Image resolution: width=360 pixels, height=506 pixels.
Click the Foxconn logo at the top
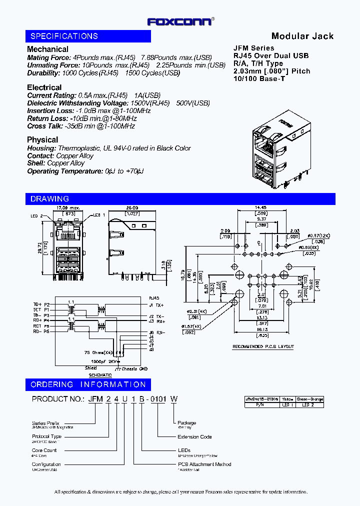tap(181, 21)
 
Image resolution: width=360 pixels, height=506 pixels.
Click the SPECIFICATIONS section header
tap(64, 36)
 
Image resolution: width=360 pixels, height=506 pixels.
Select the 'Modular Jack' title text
tap(302, 36)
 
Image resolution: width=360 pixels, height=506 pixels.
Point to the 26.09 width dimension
tap(132, 207)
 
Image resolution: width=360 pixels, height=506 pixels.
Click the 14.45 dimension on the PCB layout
tap(260, 207)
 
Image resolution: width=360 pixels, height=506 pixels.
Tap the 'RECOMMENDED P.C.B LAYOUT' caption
tap(263, 347)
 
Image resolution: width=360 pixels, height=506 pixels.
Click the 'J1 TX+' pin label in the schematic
tap(156, 304)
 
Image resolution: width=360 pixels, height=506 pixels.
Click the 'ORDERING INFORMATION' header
tap(88, 384)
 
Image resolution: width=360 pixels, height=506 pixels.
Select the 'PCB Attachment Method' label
tap(204, 464)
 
